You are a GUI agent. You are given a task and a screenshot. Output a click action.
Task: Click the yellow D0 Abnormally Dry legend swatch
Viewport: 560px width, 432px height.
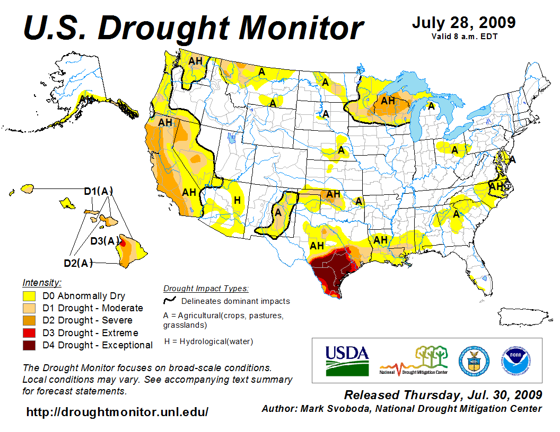pyautogui.click(x=29, y=296)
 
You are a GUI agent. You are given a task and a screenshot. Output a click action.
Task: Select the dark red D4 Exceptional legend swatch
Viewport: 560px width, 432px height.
pyautogui.click(x=29, y=345)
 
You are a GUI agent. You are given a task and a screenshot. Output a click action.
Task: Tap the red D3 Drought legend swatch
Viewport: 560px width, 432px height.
pyautogui.click(x=29, y=333)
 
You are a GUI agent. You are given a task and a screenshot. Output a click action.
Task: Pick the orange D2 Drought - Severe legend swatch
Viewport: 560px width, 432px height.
pyautogui.click(x=29, y=320)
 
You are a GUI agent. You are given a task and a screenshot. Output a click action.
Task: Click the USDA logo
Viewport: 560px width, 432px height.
pyautogui.click(x=347, y=360)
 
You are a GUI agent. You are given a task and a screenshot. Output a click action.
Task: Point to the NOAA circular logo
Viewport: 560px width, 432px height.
pyautogui.click(x=513, y=360)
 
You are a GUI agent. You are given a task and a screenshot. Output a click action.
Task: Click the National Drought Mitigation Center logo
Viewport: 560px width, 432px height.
pyautogui.click(x=414, y=361)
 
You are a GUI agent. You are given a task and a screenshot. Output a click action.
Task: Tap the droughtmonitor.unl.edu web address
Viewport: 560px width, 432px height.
pyautogui.click(x=117, y=412)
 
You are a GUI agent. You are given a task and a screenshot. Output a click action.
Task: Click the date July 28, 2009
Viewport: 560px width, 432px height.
pyautogui.click(x=463, y=23)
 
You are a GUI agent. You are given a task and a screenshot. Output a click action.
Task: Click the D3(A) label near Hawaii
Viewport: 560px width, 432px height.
pyautogui.click(x=104, y=241)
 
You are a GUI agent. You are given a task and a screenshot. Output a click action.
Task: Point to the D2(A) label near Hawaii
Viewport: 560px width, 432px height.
pyautogui.click(x=78, y=262)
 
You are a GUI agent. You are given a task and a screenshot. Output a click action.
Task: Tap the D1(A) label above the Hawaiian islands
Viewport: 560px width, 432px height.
pyautogui.click(x=99, y=191)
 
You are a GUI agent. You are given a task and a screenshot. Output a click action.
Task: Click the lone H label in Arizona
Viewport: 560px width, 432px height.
pyautogui.click(x=237, y=200)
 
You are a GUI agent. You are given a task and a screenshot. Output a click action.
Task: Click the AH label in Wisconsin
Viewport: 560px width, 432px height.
pyautogui.click(x=388, y=100)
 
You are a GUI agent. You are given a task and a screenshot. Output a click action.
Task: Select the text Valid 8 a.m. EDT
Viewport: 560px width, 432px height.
pyautogui.click(x=464, y=37)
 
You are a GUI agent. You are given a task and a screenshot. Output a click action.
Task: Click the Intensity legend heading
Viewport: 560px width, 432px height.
pyautogui.click(x=42, y=282)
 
